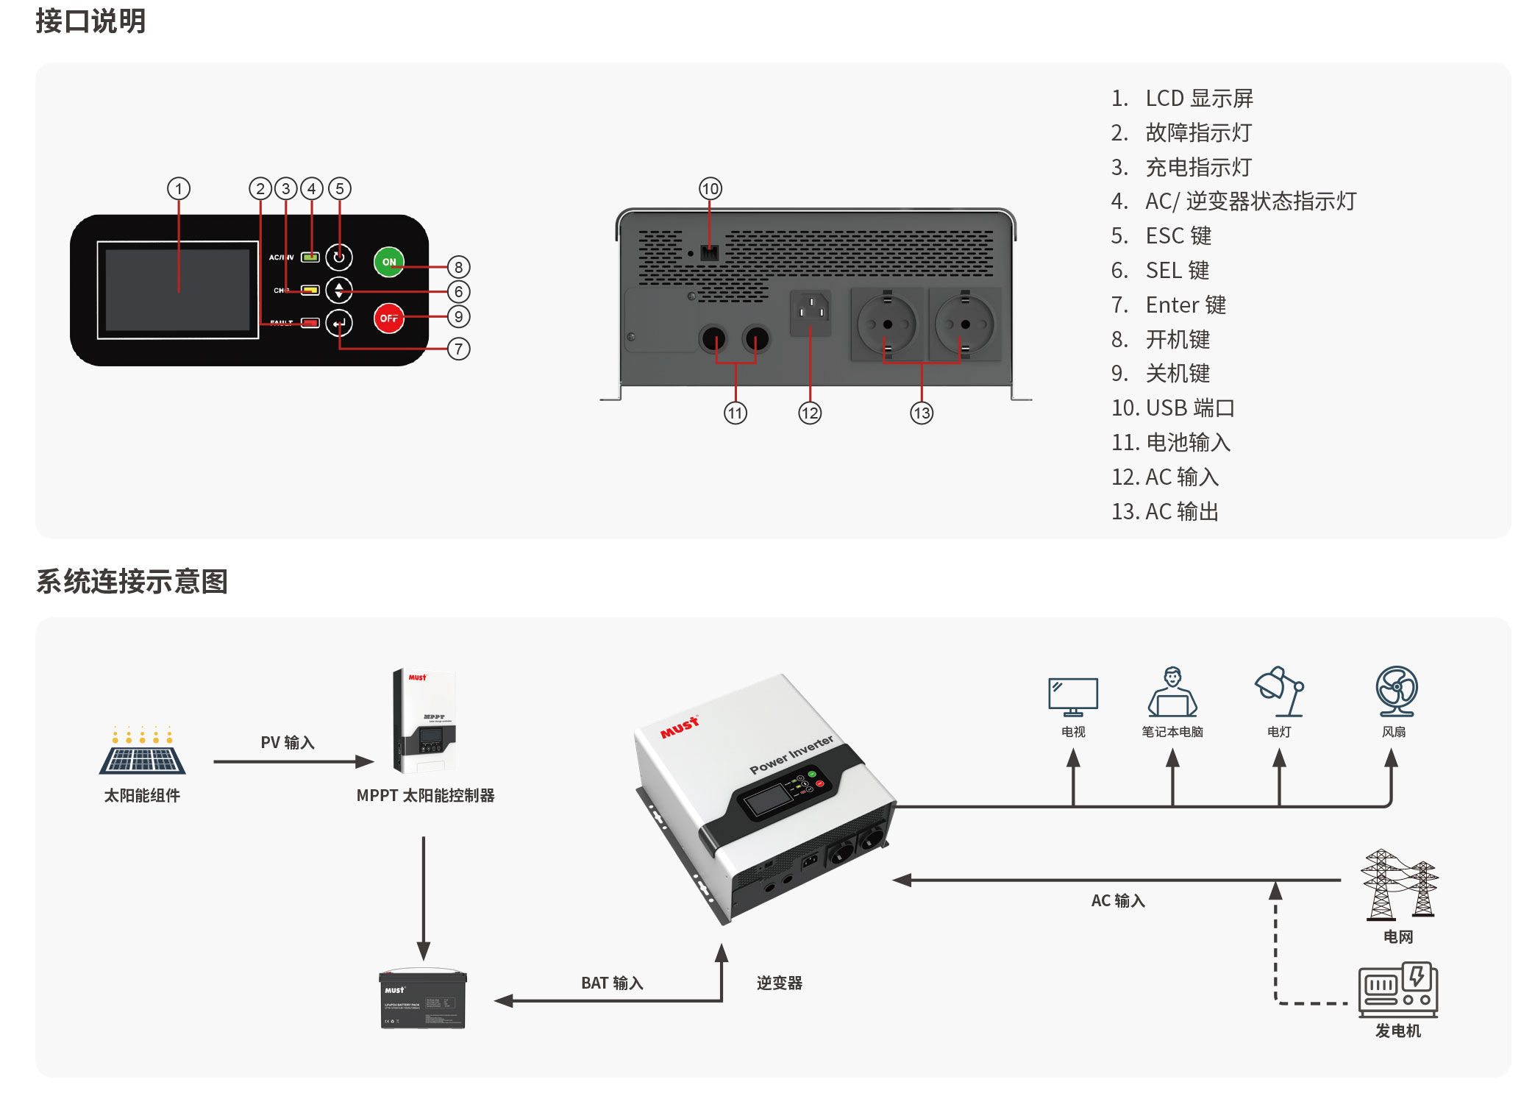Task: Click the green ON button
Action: (388, 262)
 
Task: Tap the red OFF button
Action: (388, 318)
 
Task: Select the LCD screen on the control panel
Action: (178, 290)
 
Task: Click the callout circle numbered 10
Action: (710, 189)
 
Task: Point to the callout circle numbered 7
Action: (458, 349)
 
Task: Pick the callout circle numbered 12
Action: (809, 413)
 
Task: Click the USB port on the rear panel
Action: (709, 252)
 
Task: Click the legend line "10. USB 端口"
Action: (1172, 408)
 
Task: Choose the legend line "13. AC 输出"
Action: (1165, 511)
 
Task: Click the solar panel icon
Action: (143, 752)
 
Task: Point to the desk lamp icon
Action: (1279, 691)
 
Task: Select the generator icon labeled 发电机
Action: (1397, 990)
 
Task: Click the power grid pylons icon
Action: (1398, 886)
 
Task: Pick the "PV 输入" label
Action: (288, 742)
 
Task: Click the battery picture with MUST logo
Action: (423, 1000)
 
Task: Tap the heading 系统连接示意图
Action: (132, 581)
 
